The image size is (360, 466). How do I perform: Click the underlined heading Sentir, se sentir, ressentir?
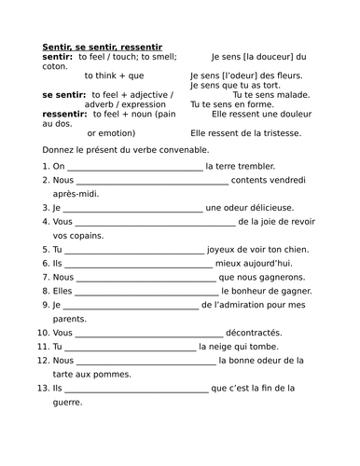103,46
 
